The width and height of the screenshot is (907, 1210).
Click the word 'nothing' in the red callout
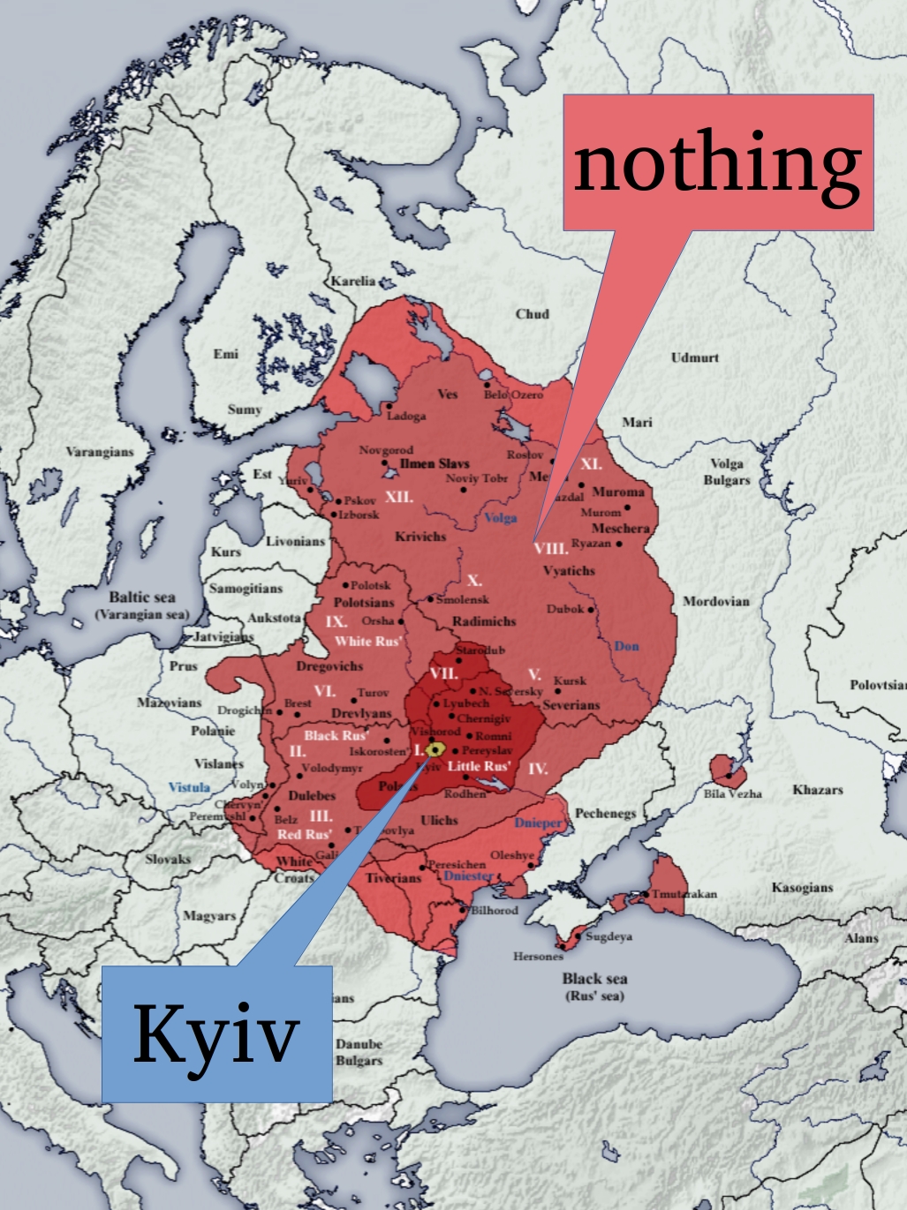[x=717, y=163]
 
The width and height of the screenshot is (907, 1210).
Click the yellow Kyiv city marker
[x=435, y=750]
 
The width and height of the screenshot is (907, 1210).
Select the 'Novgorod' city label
[x=386, y=450]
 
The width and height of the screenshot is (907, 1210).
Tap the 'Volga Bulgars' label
[x=727, y=472]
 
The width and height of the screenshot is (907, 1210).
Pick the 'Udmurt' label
[x=695, y=357]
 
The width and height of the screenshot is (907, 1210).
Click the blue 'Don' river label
[x=626, y=646]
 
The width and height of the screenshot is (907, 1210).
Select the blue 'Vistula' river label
[x=189, y=786]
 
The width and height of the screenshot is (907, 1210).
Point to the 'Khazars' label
[x=817, y=789]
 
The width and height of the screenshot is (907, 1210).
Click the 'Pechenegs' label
[x=605, y=813]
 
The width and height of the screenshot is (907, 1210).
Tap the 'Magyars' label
[x=209, y=915]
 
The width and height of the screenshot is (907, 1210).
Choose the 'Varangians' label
[x=100, y=452]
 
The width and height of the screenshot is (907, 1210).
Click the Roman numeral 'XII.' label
[x=399, y=497]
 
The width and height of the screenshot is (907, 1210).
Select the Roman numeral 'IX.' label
[x=336, y=621]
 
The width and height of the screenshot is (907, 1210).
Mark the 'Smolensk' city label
[x=462, y=599]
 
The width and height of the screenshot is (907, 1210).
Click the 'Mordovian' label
[x=715, y=601]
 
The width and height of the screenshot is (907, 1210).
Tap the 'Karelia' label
[x=353, y=282]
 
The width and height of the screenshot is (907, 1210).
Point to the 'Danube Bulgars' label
[x=359, y=1051]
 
